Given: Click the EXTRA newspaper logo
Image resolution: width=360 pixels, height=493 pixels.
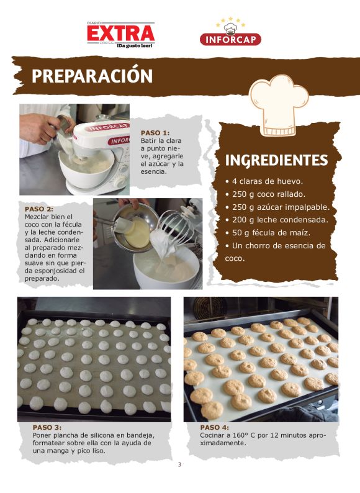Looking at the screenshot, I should coord(120,32).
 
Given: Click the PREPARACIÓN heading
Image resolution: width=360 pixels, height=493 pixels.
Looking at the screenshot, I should coord(92,76).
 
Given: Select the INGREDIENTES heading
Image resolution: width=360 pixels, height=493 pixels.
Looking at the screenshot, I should coord(276,160).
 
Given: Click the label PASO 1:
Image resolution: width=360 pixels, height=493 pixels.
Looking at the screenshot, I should coord(155,133).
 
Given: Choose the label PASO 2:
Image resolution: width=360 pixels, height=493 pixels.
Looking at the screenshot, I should coord(39,209).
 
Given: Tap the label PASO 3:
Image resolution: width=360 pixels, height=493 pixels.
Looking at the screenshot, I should coord(47,427).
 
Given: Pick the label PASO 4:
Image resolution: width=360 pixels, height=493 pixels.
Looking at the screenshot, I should coord(215,427).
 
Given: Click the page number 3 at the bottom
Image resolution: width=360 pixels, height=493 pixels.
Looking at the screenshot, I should coord(179,465).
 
